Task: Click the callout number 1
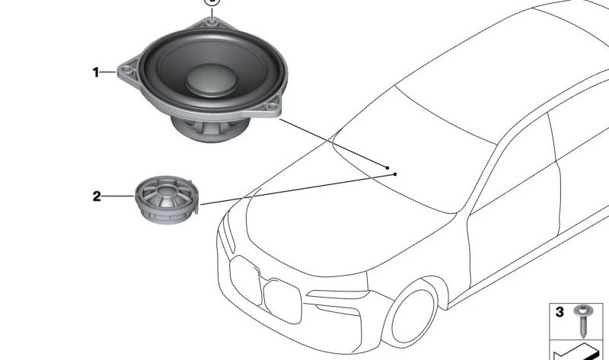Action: click(x=96, y=72)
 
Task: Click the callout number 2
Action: click(x=97, y=196)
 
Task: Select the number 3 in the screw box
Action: click(x=560, y=312)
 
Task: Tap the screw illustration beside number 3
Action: click(x=583, y=320)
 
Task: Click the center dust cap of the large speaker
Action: click(x=212, y=80)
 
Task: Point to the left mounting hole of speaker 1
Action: click(x=126, y=70)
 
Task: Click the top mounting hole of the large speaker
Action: click(x=212, y=23)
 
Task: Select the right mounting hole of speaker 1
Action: click(x=273, y=106)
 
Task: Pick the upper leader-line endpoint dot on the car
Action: click(x=387, y=167)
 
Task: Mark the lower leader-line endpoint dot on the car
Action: click(x=395, y=174)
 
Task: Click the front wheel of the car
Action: click(x=414, y=315)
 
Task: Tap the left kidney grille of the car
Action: click(x=245, y=279)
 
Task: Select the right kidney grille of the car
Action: click(x=282, y=301)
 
